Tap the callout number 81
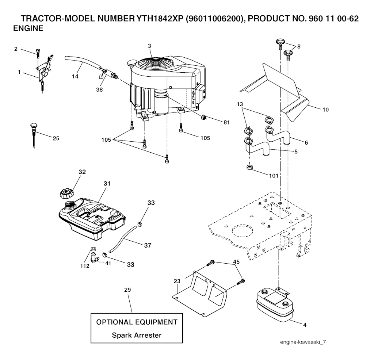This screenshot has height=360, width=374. point(226,122)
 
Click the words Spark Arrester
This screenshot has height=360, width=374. point(136,335)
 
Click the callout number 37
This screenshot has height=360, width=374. point(148,245)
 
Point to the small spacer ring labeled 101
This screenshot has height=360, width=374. point(250,168)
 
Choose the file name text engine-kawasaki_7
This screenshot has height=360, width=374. point(303,342)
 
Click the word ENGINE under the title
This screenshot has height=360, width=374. point(28,28)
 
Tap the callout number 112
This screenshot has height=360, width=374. point(85,266)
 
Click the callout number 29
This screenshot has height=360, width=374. point(127,290)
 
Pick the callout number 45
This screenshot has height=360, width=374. point(236,262)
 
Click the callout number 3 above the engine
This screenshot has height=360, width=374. point(149,46)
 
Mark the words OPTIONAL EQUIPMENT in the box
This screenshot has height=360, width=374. point(137,322)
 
